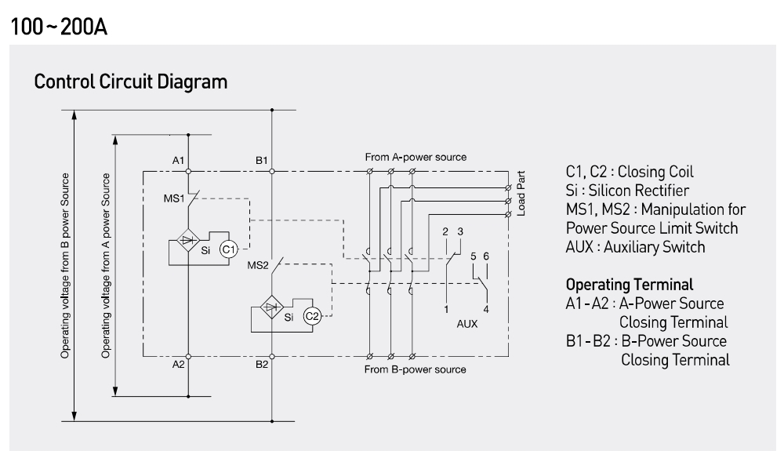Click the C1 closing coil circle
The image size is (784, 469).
[228, 249]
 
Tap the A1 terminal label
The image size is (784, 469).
[179, 161]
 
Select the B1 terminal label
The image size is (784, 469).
[262, 161]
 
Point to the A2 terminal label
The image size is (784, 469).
[179, 365]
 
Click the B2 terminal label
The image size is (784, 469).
[262, 365]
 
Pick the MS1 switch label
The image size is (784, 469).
[174, 198]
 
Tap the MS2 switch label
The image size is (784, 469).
[258, 265]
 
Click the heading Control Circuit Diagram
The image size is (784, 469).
[131, 81]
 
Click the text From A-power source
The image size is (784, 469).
[416, 157]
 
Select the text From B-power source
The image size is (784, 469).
[416, 369]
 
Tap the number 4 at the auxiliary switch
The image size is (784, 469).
[486, 309]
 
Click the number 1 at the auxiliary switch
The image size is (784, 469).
[445, 309]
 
